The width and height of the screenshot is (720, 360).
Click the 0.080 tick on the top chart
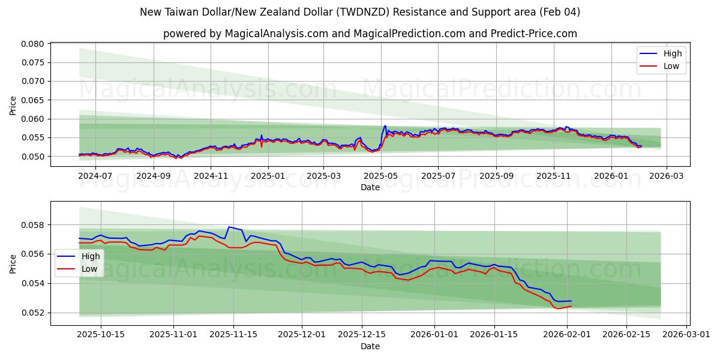click(33, 44)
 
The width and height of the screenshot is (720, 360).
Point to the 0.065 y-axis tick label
click(33, 100)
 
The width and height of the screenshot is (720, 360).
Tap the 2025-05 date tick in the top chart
click(382, 176)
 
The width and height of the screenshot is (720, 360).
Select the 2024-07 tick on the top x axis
click(96, 176)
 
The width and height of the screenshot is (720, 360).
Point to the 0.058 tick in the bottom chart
click(33, 225)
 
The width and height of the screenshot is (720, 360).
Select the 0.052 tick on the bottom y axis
click(33, 313)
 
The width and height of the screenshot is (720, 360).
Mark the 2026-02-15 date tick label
click(626, 334)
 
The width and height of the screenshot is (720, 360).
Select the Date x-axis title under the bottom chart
click(370, 346)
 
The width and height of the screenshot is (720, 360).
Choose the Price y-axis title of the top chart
click(13, 105)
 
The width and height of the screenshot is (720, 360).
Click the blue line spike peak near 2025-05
click(385, 126)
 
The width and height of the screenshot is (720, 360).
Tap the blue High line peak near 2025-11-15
click(229, 227)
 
